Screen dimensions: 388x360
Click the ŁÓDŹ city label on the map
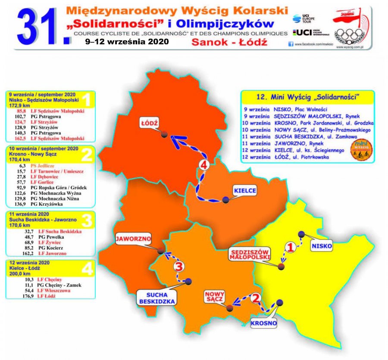tap(149, 123)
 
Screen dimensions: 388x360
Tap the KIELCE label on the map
tap(244, 190)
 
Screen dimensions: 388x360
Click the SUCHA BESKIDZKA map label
tap(156, 297)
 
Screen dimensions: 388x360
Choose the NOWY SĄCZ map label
tap(213, 296)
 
